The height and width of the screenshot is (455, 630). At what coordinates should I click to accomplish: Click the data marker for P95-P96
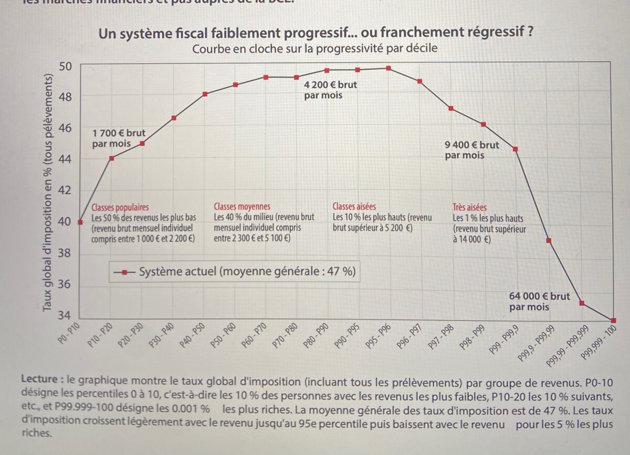coord(388,68)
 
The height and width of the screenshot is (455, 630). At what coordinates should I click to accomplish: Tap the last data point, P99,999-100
coord(613,320)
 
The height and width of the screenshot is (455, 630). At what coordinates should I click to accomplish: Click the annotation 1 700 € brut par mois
coord(119,139)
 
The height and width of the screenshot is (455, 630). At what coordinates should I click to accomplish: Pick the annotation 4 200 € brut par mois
coord(330,90)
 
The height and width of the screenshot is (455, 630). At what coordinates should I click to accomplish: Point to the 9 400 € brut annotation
coord(472,150)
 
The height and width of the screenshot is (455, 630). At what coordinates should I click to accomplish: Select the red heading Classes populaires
coord(120,207)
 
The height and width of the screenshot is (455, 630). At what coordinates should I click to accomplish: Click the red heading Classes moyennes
coord(242,207)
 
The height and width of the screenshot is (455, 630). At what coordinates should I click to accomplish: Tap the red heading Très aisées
coord(469,207)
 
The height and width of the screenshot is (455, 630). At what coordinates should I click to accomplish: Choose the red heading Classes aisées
coord(354,207)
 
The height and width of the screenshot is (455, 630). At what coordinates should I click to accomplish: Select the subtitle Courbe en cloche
coord(314,49)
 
